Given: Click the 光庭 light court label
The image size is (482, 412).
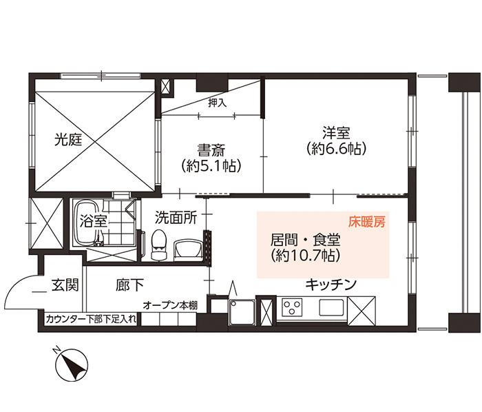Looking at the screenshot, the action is coord(68,140).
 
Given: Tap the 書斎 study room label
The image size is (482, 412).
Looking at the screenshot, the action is coord(211,150).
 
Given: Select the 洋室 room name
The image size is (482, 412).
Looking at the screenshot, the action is coord(336,132).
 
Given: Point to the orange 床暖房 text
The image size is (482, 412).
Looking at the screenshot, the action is coord(367,222).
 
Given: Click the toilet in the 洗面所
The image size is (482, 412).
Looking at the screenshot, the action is coord(159,245).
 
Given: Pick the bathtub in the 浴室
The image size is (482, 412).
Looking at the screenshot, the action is coord(87,223).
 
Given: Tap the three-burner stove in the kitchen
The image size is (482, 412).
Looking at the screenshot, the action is coord(292,307).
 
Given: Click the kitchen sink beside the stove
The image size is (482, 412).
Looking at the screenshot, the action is coord(331,307).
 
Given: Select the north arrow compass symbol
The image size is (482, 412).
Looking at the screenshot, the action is coord(73,364).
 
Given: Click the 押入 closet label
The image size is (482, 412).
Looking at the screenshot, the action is coord(218,103).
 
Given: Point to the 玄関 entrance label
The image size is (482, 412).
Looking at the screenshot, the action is coord(65,285).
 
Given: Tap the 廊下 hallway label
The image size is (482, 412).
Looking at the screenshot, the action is coord(129,285).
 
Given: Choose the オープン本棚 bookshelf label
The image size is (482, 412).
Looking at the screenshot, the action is coord(170,305).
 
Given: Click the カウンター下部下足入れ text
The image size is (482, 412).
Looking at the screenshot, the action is coord(91,319).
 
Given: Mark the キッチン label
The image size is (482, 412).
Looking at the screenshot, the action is coord(331,285).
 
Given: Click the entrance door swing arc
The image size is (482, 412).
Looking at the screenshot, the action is coord(18,285).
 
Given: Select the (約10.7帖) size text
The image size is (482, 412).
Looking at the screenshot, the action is coord(306,255).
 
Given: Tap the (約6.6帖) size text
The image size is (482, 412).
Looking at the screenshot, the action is coord(336,149).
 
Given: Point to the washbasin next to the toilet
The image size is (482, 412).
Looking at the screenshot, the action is coord(188,249).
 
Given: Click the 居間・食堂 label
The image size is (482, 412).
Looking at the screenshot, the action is coord(306,240).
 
